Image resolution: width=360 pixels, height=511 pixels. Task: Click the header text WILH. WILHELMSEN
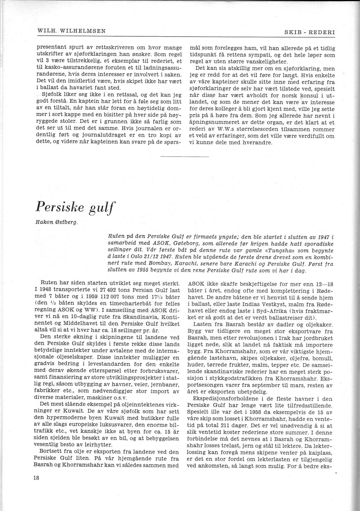pos(71,31)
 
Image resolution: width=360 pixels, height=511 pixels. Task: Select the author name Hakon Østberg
pos(57,223)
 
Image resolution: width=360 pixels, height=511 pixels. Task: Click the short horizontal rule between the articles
pos(185,156)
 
